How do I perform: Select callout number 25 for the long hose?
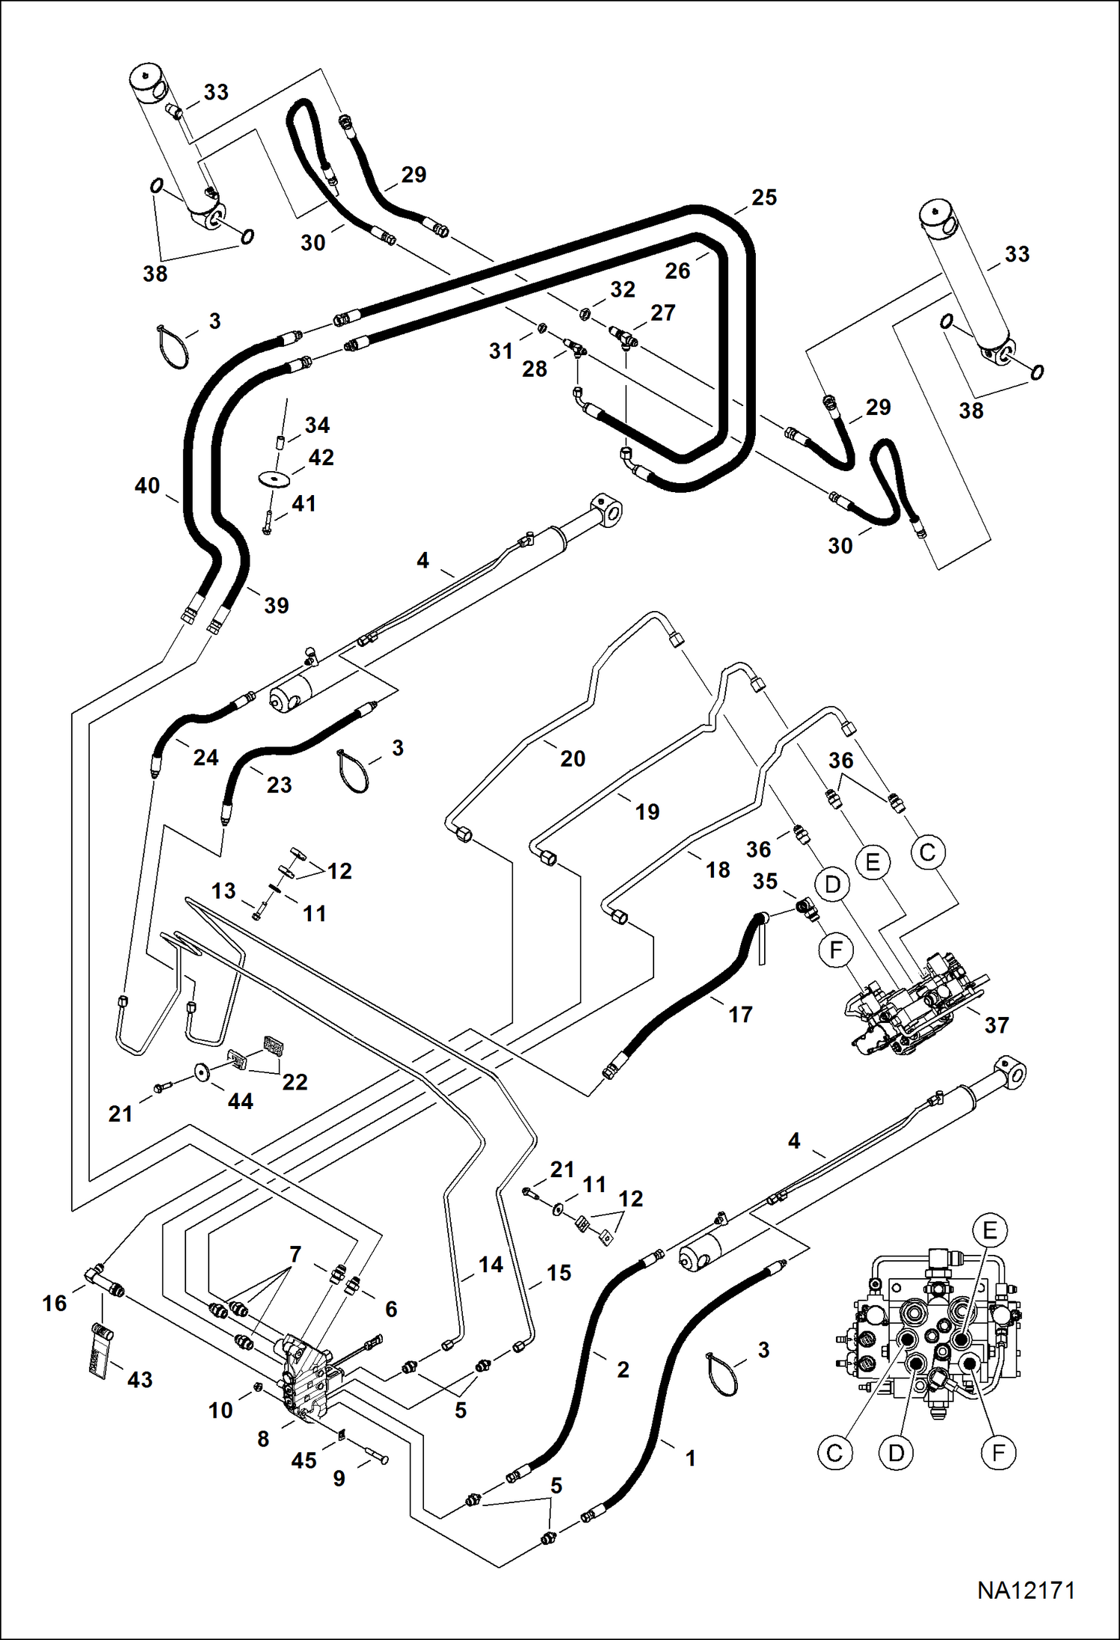pos(764,197)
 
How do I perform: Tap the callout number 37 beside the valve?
pos(997,1025)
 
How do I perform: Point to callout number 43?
pos(140,1380)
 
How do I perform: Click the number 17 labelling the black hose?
pos(740,1015)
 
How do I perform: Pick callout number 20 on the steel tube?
pos(573,758)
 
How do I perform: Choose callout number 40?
pos(147,486)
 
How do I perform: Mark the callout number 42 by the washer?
pos(321,458)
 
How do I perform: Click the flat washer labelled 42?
pos(274,477)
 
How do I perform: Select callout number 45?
pos(304,1461)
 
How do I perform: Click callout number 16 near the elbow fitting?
pos(55,1303)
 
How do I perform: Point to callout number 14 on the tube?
pos(490,1265)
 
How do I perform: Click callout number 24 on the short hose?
pos(206,758)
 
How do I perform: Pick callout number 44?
pos(240,1101)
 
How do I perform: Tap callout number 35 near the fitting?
pos(765,882)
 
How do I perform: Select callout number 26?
pos(677,271)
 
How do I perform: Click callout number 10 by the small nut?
pos(221,1410)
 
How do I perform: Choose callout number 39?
pos(276,605)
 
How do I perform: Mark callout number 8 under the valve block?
pos(263,1439)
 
